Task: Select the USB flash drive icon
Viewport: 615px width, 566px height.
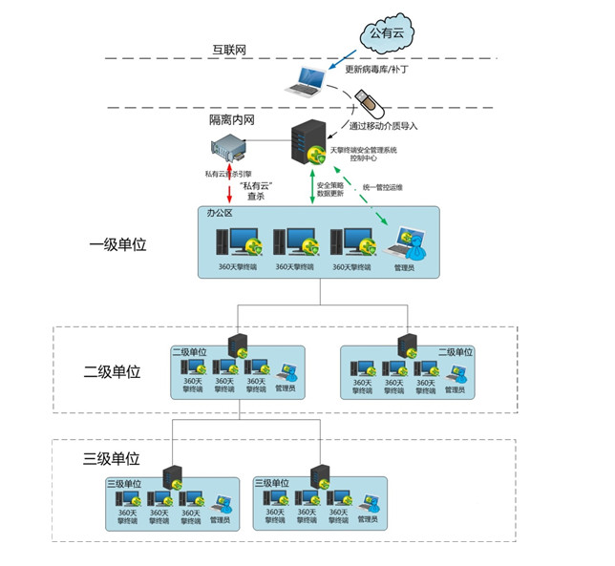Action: coord(363,101)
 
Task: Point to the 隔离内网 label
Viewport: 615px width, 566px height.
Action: coord(232,121)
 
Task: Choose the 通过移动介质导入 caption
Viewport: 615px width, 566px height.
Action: coord(383,125)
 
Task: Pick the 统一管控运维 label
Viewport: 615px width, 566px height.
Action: coord(384,187)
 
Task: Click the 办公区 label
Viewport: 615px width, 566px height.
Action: coord(221,214)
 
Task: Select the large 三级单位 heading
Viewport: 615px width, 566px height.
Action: coord(112,458)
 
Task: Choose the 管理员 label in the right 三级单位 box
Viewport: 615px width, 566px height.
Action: coord(368,520)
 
